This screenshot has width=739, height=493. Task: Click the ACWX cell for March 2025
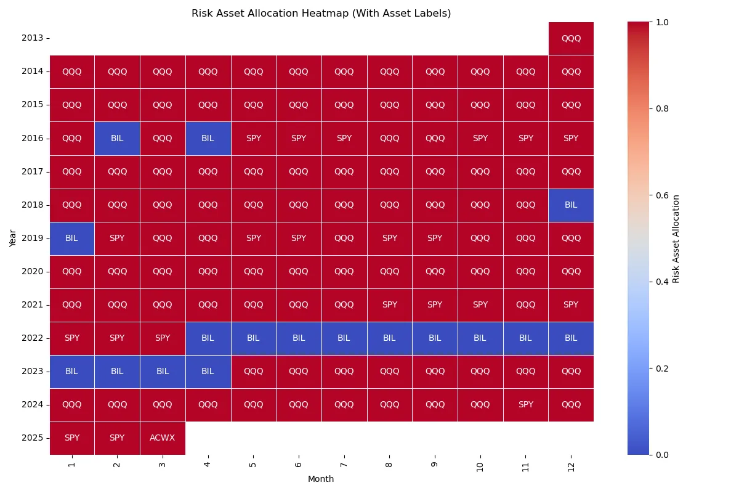(x=162, y=438)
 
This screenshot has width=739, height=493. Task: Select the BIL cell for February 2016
(x=117, y=138)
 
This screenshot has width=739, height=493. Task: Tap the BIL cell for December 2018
(x=571, y=205)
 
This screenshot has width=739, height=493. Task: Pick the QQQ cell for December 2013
(x=571, y=38)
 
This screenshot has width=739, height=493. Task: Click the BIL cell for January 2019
(x=71, y=238)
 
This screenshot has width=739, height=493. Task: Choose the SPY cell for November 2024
(x=525, y=405)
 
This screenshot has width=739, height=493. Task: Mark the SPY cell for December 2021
(x=571, y=305)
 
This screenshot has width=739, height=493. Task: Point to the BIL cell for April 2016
(x=208, y=138)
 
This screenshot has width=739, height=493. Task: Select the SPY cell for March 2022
(x=162, y=338)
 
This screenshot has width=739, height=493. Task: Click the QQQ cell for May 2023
(x=253, y=372)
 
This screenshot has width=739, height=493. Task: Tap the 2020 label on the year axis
(x=32, y=272)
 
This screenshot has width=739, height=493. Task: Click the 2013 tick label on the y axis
(x=32, y=38)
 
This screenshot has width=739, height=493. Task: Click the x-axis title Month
(x=321, y=479)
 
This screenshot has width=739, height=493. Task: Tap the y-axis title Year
(x=13, y=238)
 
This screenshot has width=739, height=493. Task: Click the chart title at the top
(x=321, y=14)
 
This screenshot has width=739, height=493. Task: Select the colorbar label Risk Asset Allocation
(x=676, y=238)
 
